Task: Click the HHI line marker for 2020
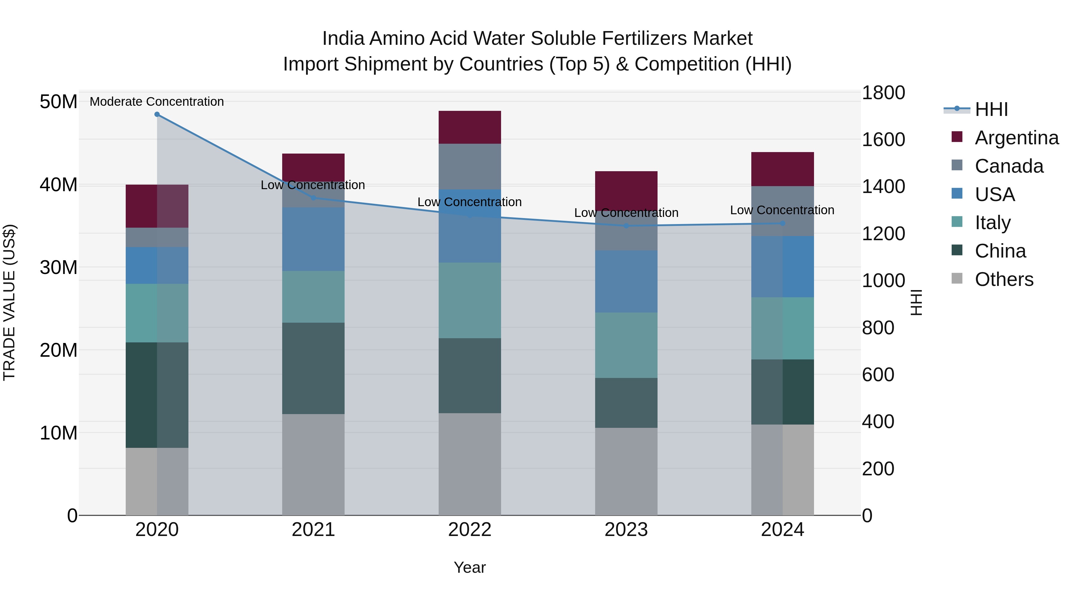point(157,114)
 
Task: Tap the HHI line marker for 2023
point(626,226)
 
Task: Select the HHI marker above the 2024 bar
point(782,223)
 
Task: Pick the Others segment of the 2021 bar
point(314,464)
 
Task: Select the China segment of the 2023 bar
point(626,403)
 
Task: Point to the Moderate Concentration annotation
point(157,102)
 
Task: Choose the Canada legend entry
point(1009,166)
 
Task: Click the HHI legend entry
point(991,109)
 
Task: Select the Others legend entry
point(1004,279)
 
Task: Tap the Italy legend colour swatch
point(957,222)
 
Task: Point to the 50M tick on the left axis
point(59,102)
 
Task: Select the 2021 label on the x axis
point(314,530)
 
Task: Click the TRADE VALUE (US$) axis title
point(9,302)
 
